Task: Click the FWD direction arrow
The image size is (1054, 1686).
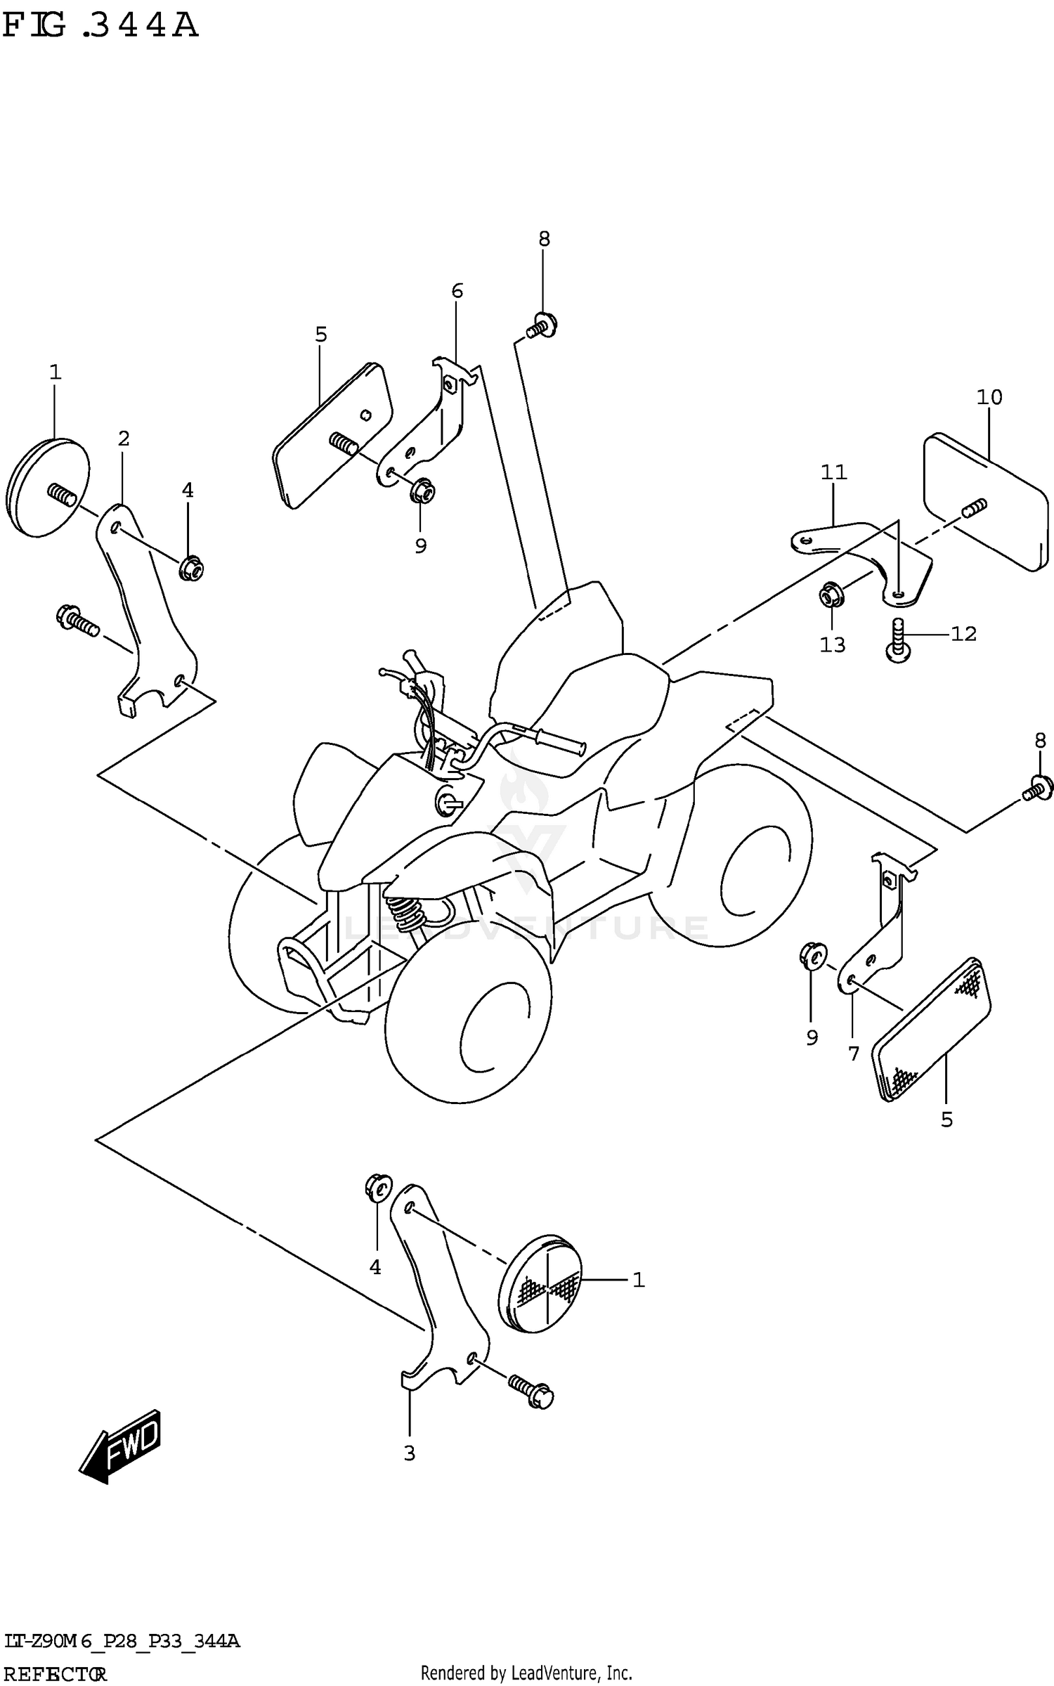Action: (x=122, y=1455)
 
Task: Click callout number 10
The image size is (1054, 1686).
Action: (x=989, y=398)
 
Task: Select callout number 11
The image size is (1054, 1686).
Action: (x=834, y=472)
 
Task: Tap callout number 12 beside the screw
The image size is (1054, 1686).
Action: (x=963, y=634)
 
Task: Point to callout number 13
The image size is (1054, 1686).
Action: (x=833, y=644)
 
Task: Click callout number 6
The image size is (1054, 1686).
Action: (x=457, y=290)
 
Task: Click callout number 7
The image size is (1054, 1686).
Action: (x=854, y=1053)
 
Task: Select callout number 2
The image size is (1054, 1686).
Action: (x=124, y=439)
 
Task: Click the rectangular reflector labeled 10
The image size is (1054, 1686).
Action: (x=984, y=502)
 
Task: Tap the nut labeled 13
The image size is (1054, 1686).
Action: (x=831, y=595)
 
